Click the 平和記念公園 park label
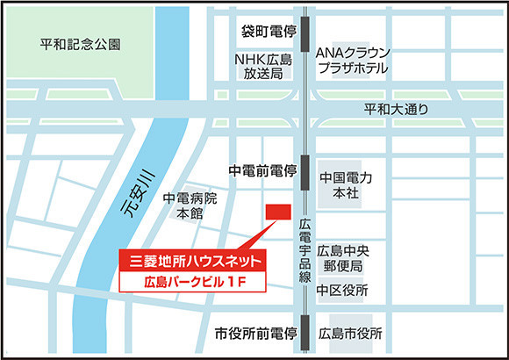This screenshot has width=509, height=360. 86,43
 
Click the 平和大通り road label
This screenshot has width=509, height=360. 397,110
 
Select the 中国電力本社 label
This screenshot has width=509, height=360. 347,185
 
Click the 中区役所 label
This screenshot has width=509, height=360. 342,290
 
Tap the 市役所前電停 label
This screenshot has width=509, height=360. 257,334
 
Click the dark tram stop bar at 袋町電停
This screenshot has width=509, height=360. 305,31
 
